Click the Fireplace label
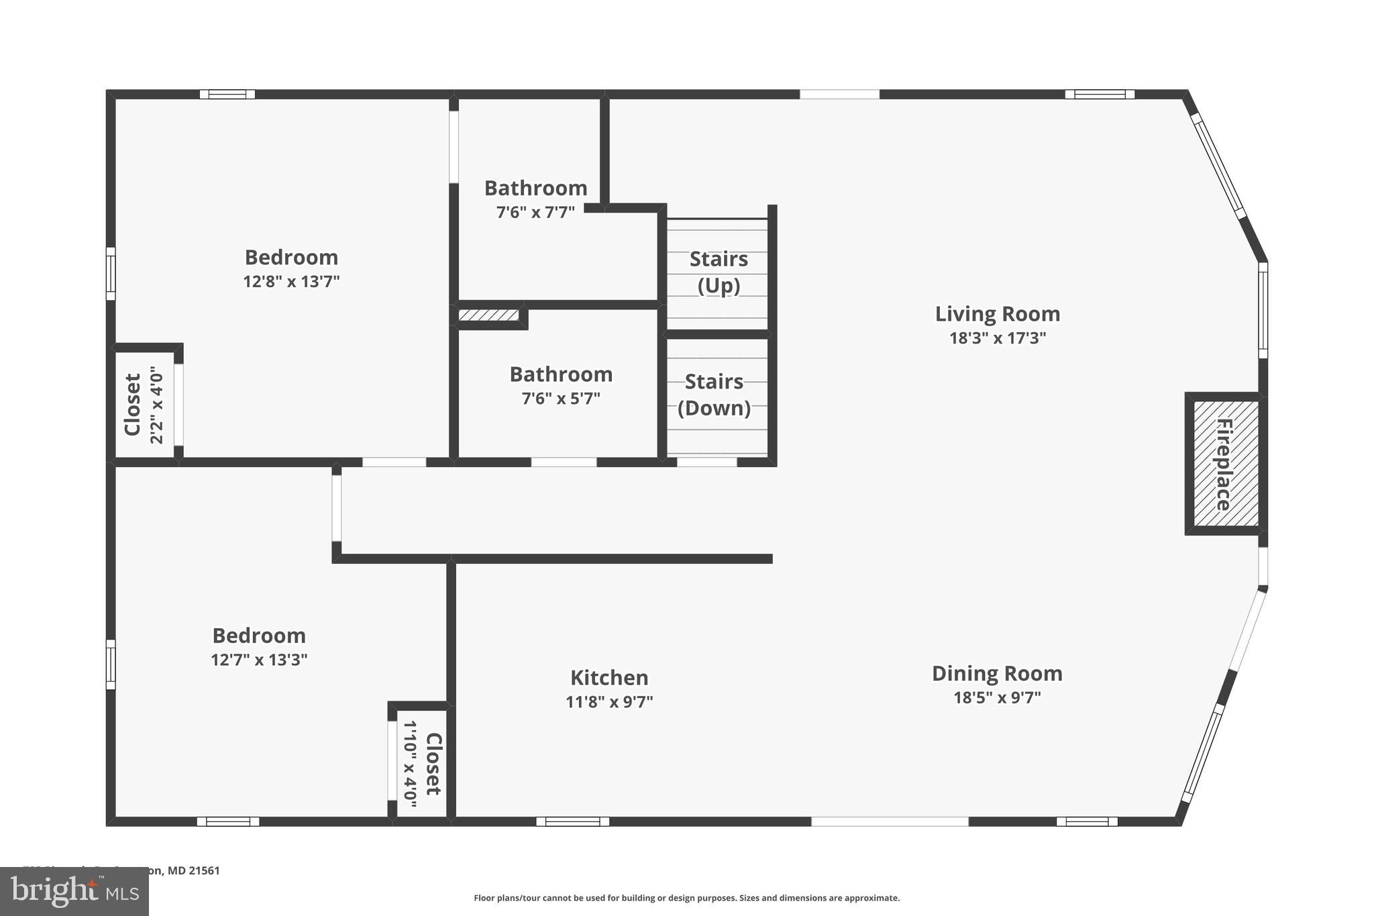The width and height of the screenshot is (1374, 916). (1224, 464)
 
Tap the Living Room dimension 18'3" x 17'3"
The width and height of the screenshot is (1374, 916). (997, 338)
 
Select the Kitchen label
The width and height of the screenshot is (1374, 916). (609, 677)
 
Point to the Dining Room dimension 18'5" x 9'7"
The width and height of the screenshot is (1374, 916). (997, 697)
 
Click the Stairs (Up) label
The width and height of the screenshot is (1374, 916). (719, 272)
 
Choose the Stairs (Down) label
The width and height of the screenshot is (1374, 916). (714, 395)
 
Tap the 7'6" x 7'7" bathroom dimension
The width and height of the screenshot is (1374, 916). (535, 213)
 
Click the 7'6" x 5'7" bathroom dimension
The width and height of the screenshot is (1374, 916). (561, 399)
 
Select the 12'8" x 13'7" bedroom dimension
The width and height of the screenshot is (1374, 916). (291, 281)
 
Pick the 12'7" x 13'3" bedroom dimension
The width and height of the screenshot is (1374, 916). (259, 660)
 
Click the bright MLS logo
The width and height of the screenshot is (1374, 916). (74, 891)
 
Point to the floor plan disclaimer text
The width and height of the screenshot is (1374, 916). (686, 898)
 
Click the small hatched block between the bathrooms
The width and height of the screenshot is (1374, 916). (488, 315)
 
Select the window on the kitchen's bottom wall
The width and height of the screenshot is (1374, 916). (572, 821)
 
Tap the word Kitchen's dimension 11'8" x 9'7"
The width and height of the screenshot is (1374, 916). (609, 702)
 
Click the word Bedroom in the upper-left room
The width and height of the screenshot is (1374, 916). (291, 257)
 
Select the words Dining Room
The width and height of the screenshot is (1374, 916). (997, 673)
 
